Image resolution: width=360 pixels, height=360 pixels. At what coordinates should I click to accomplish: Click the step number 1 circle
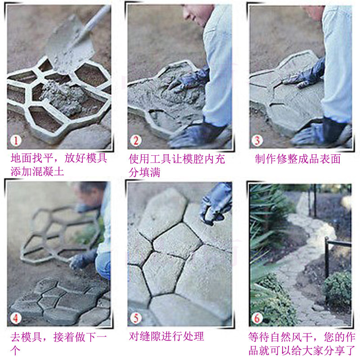pyautogui.click(x=16, y=140)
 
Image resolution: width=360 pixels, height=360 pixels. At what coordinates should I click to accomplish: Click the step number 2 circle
pyautogui.click(x=136, y=140)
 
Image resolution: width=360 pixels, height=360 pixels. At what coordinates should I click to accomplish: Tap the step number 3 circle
pyautogui.click(x=256, y=140)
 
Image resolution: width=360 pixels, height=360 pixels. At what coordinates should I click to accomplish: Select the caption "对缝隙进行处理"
pyautogui.click(x=166, y=336)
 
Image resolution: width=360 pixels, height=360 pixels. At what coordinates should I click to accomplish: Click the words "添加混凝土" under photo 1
pyautogui.click(x=38, y=171)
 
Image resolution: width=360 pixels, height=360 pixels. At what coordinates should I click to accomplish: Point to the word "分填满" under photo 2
pyautogui.click(x=144, y=172)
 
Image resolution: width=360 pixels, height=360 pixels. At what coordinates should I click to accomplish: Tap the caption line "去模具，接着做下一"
pyautogui.click(x=58, y=336)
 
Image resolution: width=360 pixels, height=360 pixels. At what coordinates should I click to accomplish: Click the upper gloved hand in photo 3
pyautogui.click(x=306, y=74)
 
